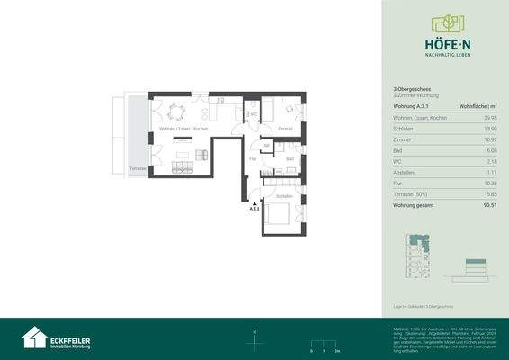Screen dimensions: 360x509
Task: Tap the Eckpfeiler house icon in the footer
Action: tap(34, 337)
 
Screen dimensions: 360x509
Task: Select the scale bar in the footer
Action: tap(320, 344)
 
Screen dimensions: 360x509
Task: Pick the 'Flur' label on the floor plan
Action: tap(253, 157)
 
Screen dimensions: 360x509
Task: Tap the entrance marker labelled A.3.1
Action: tap(254, 207)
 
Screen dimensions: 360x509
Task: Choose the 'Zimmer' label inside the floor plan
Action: tap(285, 130)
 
